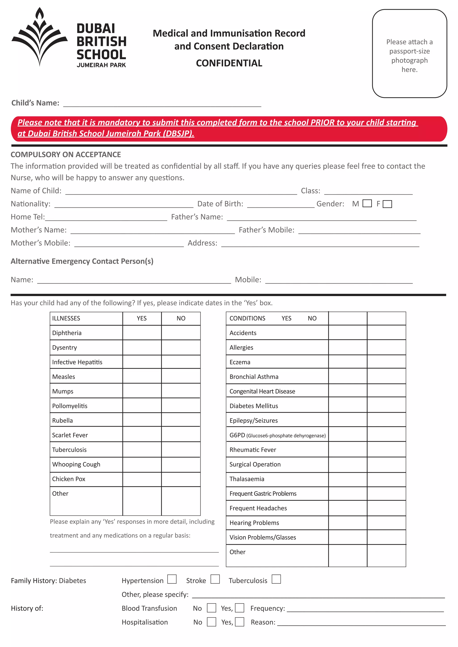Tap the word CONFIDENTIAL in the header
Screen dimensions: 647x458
229,63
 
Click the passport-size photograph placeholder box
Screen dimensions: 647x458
409,54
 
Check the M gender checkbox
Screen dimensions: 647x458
367,204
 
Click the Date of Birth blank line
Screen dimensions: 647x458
281,204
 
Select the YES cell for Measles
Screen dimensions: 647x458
142,376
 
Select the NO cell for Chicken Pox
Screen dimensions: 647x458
181,479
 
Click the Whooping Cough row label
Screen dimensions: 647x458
76,464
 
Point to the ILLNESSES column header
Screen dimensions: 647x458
66,318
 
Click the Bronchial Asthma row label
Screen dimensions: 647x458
254,377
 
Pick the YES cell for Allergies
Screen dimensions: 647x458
348,347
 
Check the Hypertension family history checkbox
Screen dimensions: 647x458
172,579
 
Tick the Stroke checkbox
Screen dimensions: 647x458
215,579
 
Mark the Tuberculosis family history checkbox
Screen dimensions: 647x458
276,579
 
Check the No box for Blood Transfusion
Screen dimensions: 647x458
211,608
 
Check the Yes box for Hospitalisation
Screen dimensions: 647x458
240,622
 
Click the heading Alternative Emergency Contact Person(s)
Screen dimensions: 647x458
82,261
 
